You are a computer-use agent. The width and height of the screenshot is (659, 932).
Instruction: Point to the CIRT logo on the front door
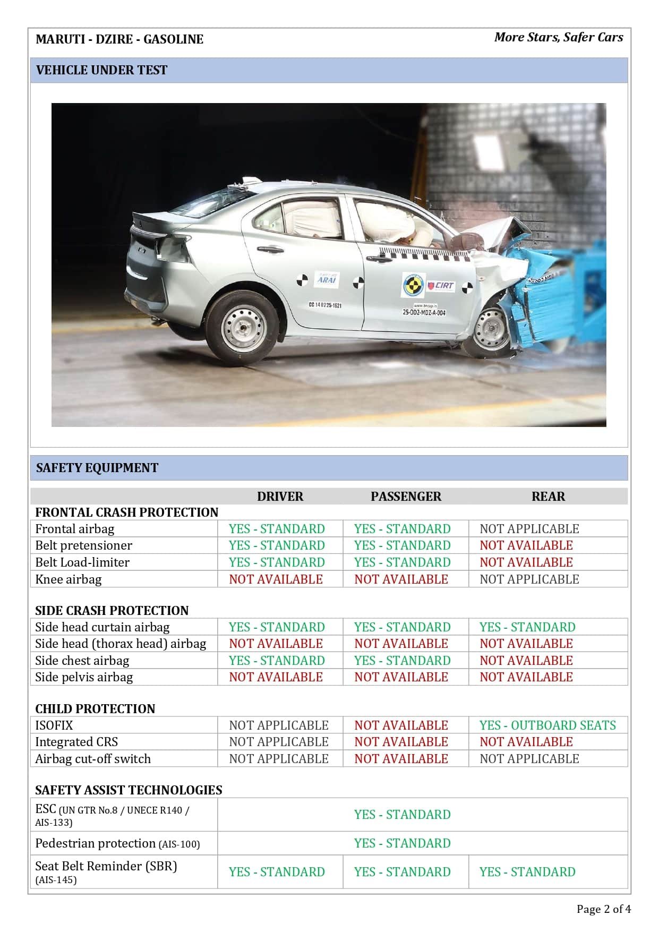[441, 286]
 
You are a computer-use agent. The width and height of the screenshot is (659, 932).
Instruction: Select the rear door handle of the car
[270, 249]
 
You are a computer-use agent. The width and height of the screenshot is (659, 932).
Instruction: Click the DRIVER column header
[280, 497]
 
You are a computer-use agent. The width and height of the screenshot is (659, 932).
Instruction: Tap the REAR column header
[548, 497]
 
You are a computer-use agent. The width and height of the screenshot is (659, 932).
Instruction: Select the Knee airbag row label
[68, 579]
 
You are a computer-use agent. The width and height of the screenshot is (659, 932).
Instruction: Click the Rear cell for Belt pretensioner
[526, 545]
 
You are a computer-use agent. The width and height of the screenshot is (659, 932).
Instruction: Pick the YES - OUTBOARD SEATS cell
[547, 725]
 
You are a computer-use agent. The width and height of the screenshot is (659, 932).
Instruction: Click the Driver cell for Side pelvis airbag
[276, 677]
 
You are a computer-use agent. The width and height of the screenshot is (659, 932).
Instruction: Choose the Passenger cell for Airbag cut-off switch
[401, 759]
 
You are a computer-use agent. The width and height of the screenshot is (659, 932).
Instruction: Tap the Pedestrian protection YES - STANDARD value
[402, 843]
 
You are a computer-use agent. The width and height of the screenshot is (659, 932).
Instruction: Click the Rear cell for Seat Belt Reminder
[527, 872]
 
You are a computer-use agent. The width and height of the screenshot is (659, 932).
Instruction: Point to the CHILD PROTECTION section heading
[95, 709]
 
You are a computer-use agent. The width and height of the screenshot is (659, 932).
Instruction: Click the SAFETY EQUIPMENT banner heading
[97, 468]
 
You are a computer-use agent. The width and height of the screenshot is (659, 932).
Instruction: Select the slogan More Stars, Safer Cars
[559, 37]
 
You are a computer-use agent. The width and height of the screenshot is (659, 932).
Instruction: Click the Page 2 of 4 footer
[604, 909]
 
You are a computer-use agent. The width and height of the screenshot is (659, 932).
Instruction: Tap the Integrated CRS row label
[76, 742]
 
